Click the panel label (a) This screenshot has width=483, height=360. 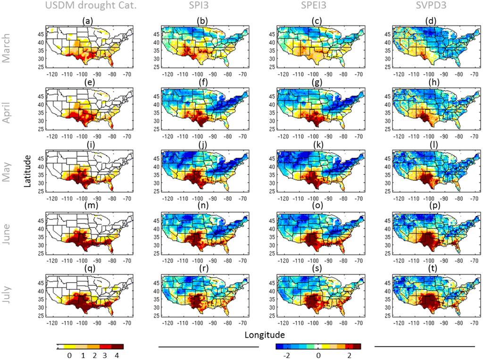click(x=86, y=21)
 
